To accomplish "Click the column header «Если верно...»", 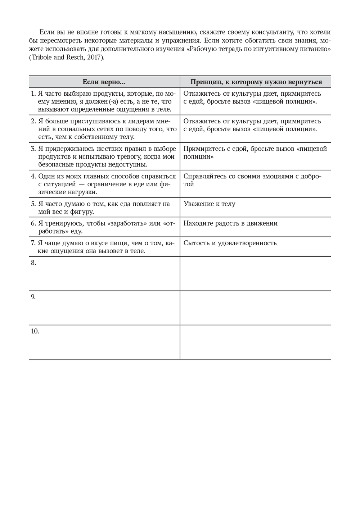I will pyautogui.click(x=104, y=82).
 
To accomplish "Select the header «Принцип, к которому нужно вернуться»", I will pyautogui.click(x=256, y=82).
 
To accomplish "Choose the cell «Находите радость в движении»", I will pyautogui.click(x=230, y=223).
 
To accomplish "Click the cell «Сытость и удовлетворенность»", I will pyautogui.click(x=230, y=243).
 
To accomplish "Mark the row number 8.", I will pyautogui.click(x=33, y=263).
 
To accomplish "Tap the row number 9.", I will pyautogui.click(x=33, y=297).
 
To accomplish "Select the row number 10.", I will pyautogui.click(x=35, y=331).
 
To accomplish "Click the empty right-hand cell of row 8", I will pyautogui.click(x=255, y=273).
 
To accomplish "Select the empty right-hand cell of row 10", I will pyautogui.click(x=255, y=342).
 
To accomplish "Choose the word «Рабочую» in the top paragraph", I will pyautogui.click(x=203, y=49).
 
